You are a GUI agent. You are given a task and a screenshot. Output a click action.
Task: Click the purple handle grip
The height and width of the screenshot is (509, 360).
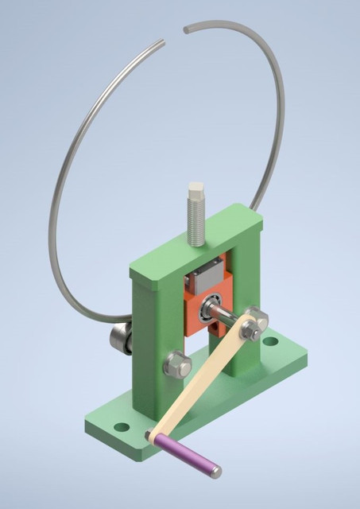pyautogui.click(x=187, y=454)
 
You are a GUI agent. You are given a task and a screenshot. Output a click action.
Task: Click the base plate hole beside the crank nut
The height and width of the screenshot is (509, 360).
pyautogui.click(x=272, y=342)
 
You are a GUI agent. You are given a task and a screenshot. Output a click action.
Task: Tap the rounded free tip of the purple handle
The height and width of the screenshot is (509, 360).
pyautogui.click(x=216, y=473)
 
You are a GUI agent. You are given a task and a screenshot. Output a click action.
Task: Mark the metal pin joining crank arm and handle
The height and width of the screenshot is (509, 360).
pyautogui.click(x=150, y=434)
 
